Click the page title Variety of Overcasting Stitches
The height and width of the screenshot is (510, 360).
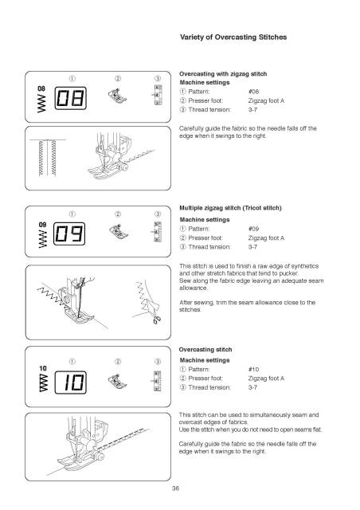(x=233, y=37)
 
